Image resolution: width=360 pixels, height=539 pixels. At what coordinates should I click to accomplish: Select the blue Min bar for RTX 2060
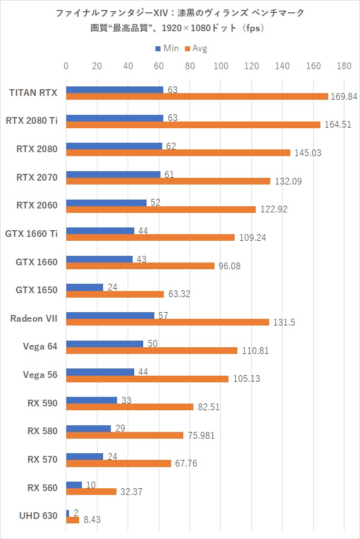tap(106, 203)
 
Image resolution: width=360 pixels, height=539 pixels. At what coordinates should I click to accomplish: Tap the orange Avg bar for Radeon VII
tap(168, 322)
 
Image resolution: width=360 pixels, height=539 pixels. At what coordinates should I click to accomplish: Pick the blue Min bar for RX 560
tap(74, 485)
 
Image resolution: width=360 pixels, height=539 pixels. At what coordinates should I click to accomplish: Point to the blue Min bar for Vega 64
tap(105, 344)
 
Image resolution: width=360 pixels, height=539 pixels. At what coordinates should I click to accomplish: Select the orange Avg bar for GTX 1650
tap(115, 294)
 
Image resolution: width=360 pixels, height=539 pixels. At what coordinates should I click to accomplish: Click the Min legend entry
tap(167, 48)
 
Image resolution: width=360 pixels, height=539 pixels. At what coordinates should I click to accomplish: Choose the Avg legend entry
tap(196, 48)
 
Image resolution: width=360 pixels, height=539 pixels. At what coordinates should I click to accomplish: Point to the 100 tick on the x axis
tap(221, 66)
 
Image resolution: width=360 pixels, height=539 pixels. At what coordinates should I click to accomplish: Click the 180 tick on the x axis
tap(344, 66)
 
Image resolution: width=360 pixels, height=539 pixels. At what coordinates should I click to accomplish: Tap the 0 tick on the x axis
tap(66, 66)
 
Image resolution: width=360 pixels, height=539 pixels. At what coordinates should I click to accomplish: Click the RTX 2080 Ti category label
tap(32, 120)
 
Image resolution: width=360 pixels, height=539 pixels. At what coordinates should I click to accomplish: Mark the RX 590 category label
tap(42, 403)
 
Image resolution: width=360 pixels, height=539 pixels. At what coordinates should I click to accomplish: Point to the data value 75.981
tap(199, 435)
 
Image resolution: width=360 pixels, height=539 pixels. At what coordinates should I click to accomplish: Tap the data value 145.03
tap(307, 153)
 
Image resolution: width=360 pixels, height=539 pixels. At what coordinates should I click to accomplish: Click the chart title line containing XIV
tap(180, 13)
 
